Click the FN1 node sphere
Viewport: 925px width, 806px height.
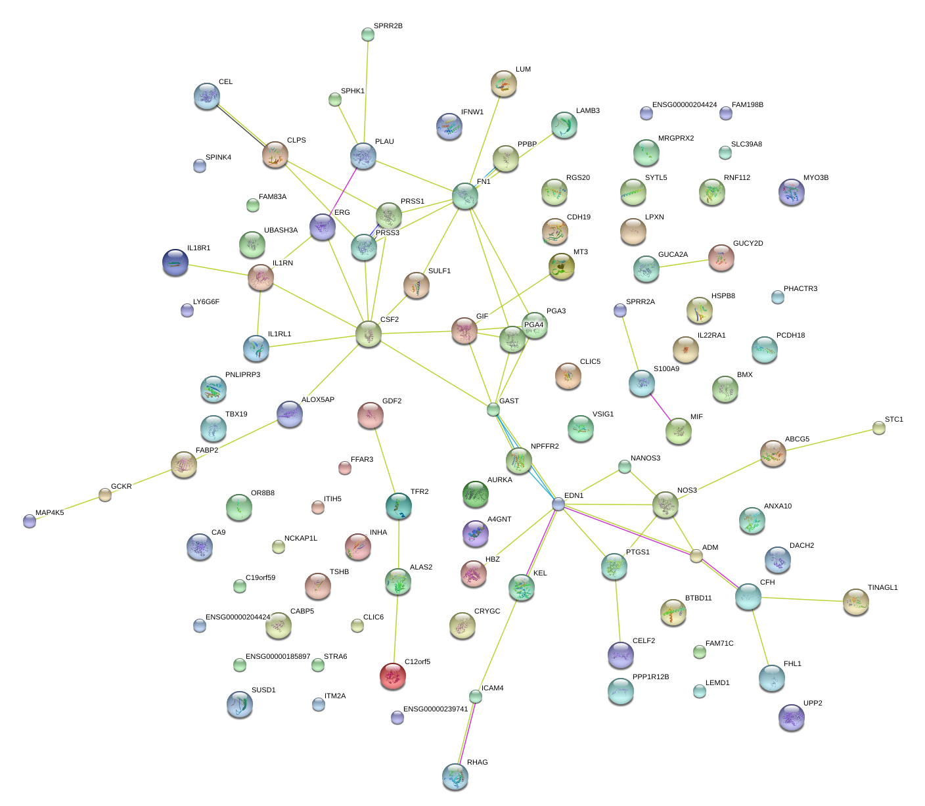(x=464, y=196)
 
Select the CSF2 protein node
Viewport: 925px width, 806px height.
(x=369, y=334)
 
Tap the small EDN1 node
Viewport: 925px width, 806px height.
(x=558, y=504)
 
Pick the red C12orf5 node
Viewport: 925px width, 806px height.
(x=393, y=675)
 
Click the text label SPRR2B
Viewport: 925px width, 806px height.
(x=388, y=26)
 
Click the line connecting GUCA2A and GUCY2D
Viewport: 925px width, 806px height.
(x=683, y=263)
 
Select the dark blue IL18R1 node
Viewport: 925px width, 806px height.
(x=175, y=262)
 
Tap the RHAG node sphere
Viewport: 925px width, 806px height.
(x=455, y=776)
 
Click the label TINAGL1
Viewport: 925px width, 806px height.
(x=882, y=588)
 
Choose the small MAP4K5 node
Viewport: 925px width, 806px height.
(x=30, y=521)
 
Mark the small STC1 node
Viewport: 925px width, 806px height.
(x=879, y=428)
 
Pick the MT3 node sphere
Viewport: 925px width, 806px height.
(x=561, y=265)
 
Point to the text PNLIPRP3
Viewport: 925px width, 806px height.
(x=242, y=375)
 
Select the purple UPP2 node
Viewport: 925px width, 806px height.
(x=791, y=717)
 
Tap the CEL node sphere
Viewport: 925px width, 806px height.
(x=207, y=96)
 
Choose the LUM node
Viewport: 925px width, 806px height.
(x=504, y=83)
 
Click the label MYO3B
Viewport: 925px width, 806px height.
(x=815, y=178)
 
